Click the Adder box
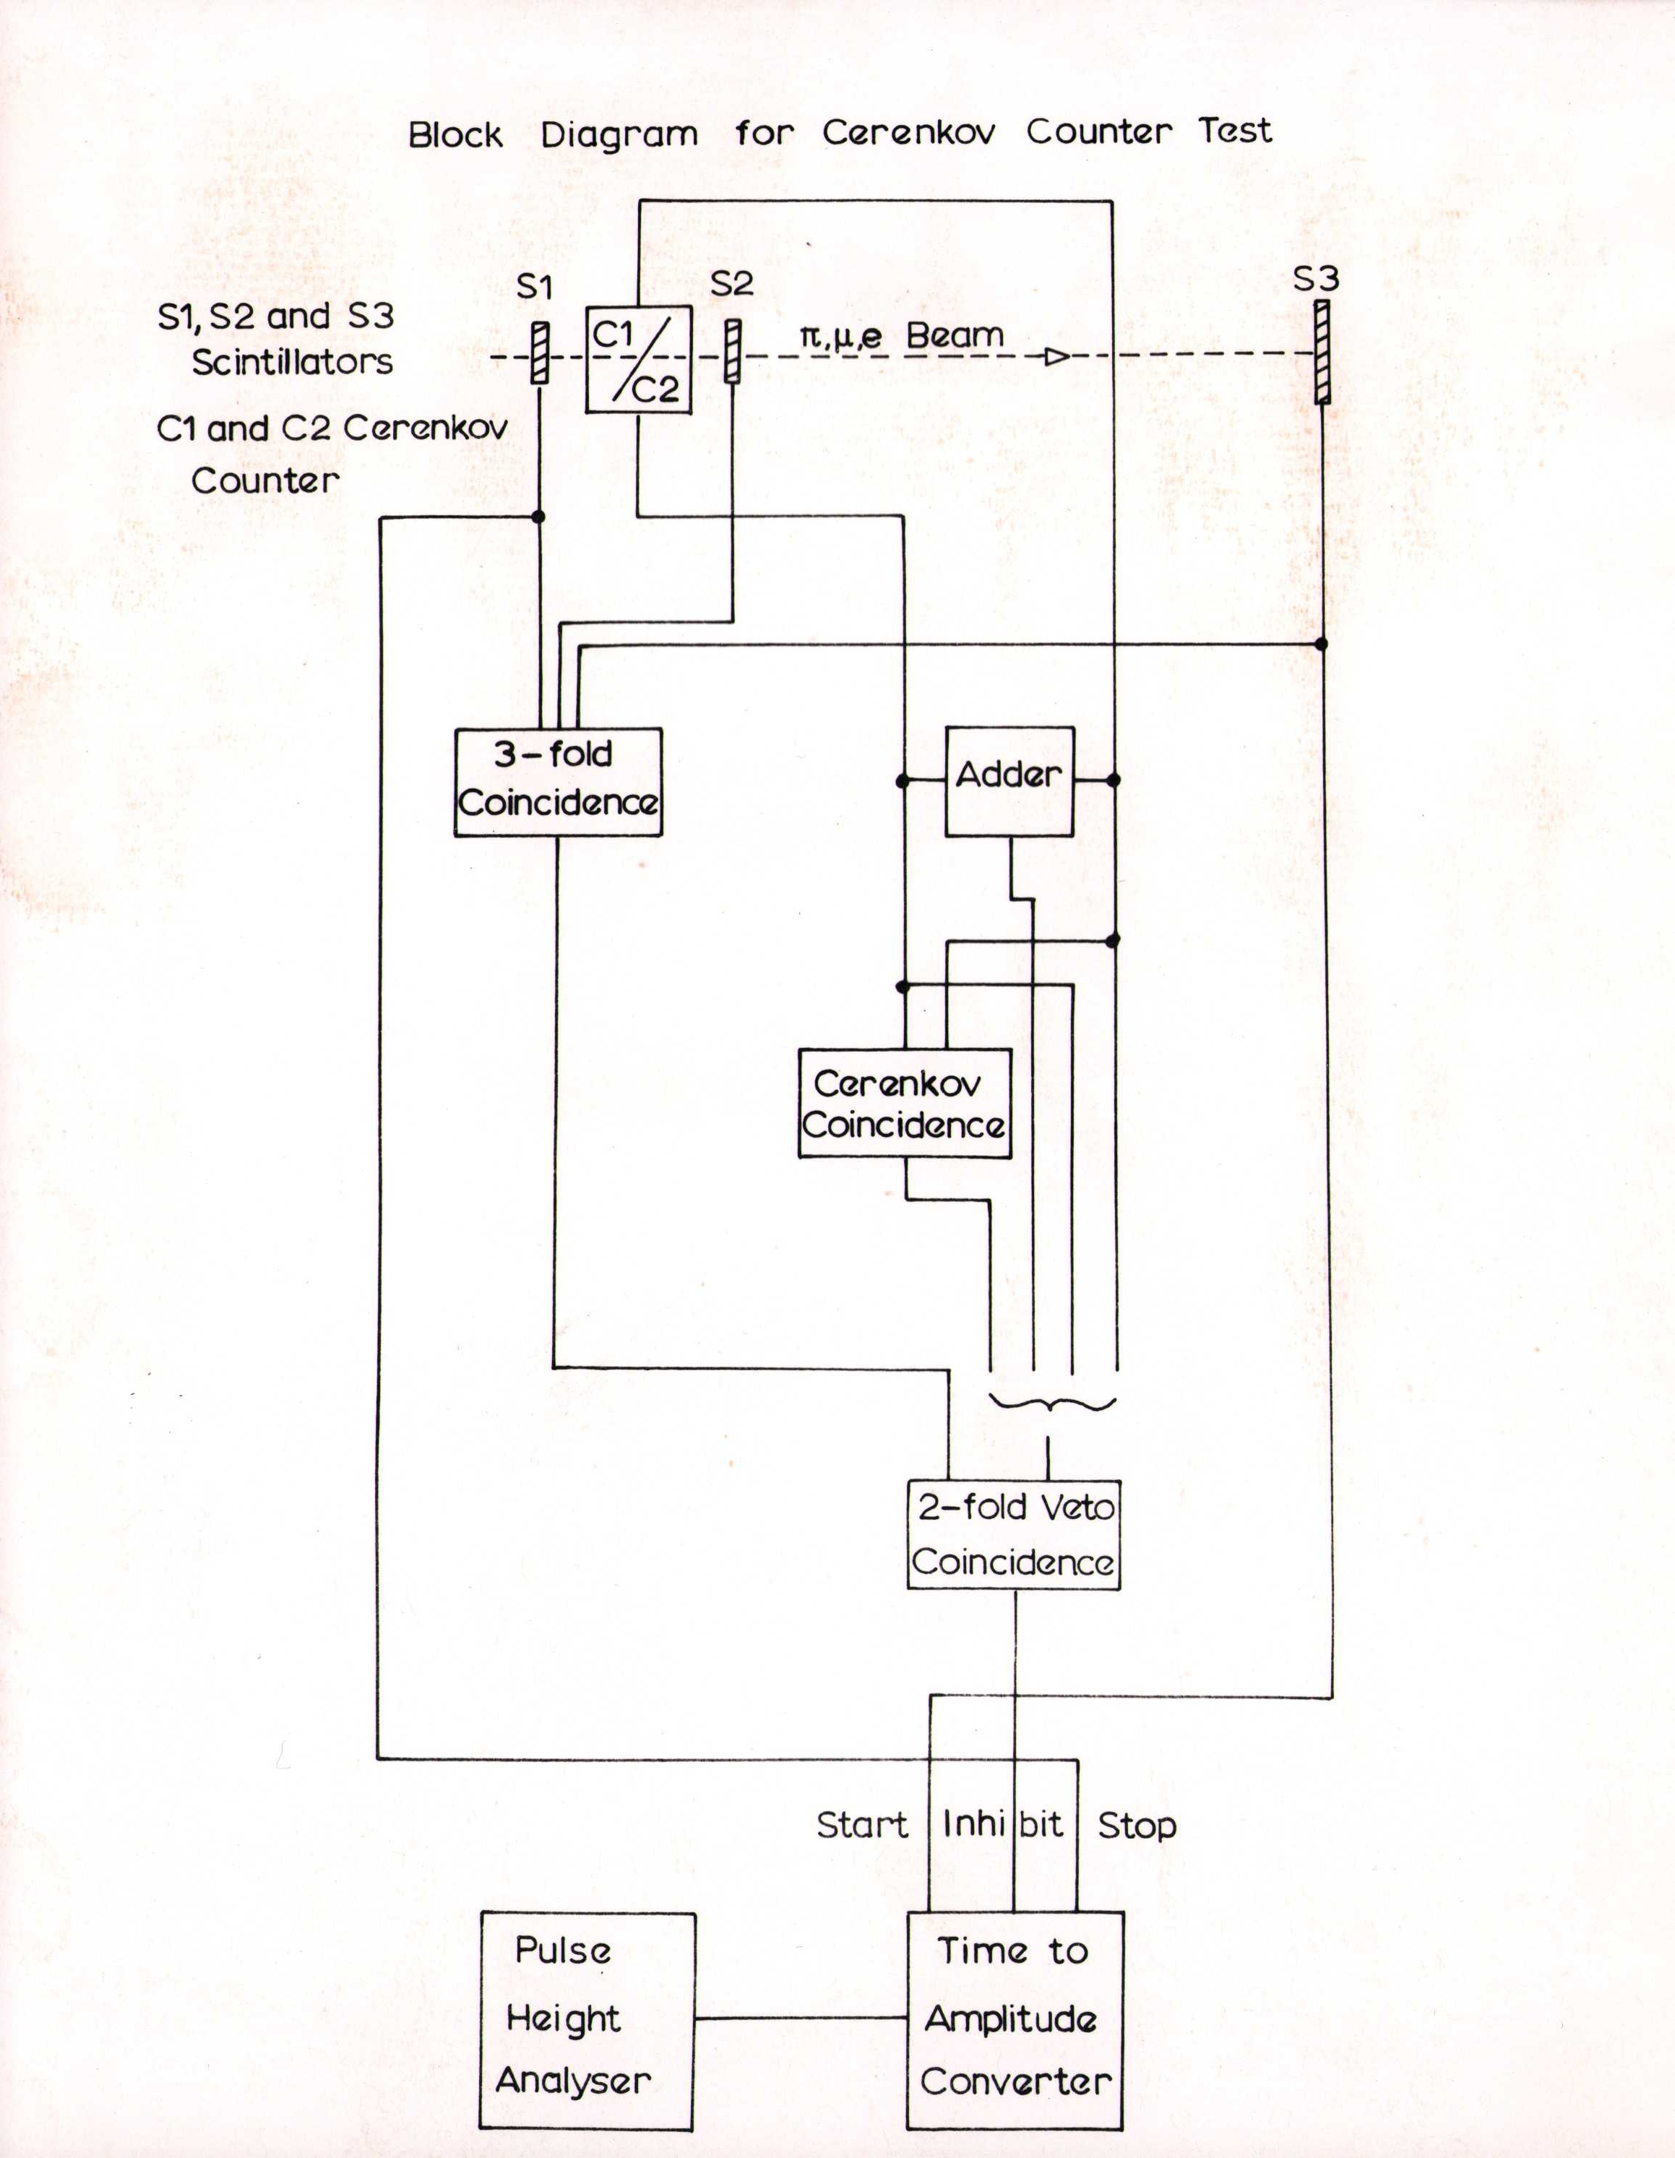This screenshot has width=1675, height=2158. [x=1009, y=781]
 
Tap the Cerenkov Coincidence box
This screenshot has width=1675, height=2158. [x=904, y=1103]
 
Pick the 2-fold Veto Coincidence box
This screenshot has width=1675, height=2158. [x=1013, y=1534]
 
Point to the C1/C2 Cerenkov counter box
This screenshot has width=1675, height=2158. [x=638, y=360]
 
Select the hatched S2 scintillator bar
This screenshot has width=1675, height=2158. [x=732, y=351]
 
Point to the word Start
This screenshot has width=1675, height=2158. [x=862, y=1825]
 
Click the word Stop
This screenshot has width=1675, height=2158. [x=1137, y=1825]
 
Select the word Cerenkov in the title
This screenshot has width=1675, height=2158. [x=908, y=132]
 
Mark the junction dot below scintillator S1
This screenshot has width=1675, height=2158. [x=538, y=517]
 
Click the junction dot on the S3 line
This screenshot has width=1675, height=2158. [x=1321, y=643]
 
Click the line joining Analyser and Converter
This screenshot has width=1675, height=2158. [x=801, y=2018]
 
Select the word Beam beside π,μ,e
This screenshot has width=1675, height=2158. [x=954, y=336]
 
